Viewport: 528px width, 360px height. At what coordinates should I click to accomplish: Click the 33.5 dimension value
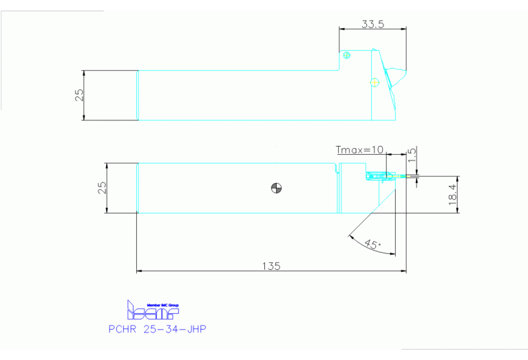click(372, 24)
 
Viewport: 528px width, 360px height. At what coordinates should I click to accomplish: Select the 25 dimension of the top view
click(79, 95)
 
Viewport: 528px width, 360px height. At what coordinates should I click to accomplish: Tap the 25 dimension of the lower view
click(102, 188)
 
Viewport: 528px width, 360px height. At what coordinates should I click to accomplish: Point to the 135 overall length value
click(273, 266)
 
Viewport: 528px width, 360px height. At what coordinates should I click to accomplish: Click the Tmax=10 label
click(359, 149)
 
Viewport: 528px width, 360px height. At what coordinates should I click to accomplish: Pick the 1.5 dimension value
click(412, 155)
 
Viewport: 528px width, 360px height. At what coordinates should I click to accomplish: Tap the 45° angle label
click(372, 244)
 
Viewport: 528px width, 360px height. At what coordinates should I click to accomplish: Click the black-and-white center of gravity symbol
click(277, 188)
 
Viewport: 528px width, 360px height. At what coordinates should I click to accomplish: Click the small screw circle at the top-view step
click(346, 55)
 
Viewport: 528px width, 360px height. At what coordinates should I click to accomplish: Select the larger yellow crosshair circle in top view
click(374, 83)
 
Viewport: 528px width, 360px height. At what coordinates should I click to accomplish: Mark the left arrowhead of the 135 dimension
click(140, 271)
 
